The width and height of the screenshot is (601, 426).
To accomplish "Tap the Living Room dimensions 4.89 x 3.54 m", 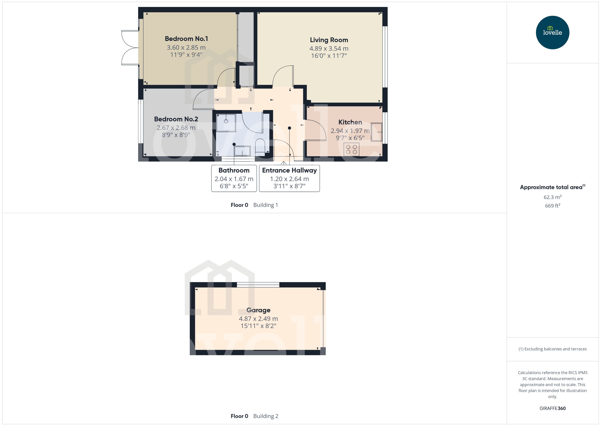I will tap(329, 48).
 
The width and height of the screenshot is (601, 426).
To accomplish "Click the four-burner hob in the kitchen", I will tap(351, 149).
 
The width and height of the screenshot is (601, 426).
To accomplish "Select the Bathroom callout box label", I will tap(234, 170).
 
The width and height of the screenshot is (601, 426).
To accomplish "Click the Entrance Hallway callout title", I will tap(289, 170).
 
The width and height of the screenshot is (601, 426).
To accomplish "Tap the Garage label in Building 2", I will tap(258, 310).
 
